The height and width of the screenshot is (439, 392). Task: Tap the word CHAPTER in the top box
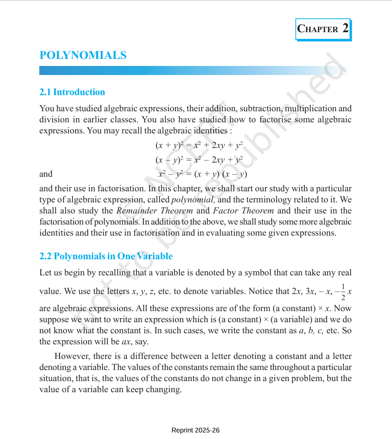point(318,29)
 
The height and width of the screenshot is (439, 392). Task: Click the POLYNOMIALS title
point(83,55)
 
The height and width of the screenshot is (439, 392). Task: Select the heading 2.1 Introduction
point(72,92)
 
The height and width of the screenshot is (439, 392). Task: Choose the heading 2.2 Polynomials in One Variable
point(106,256)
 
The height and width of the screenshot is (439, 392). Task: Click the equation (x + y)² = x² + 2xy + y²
point(200,145)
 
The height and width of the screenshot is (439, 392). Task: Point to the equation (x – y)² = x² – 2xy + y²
point(200,160)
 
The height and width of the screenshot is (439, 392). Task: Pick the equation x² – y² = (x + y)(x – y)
point(203,174)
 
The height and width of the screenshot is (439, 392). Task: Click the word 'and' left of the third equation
point(46,174)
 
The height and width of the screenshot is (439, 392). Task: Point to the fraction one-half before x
point(343,291)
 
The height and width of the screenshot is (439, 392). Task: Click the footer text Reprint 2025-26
point(195,430)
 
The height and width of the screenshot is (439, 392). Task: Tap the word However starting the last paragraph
point(71,356)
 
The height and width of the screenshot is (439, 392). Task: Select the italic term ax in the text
point(126,341)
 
